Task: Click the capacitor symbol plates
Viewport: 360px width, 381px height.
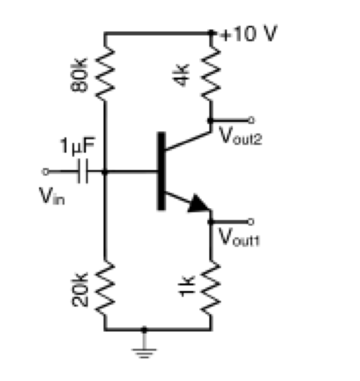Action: [x=84, y=172]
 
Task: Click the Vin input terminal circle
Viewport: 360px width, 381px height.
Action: [x=45, y=172]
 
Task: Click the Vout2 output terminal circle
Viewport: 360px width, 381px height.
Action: [x=251, y=120]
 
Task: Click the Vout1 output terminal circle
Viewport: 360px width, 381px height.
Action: [x=251, y=221]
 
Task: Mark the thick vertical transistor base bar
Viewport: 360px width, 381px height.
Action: [x=160, y=171]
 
